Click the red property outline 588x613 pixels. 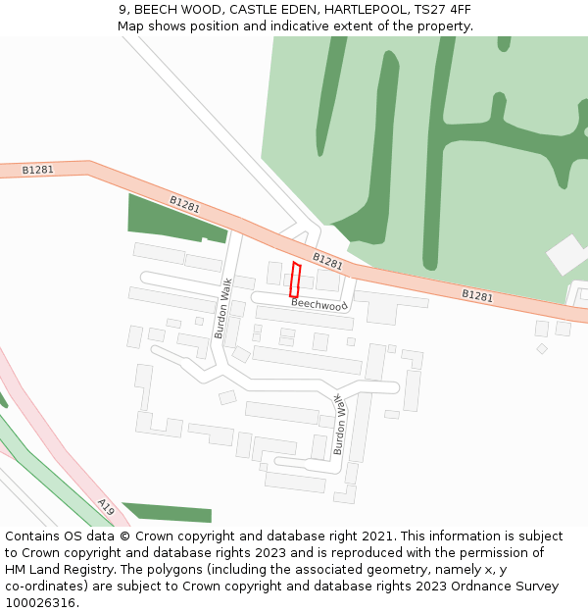coord(294,280)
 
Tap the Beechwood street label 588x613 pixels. coord(319,305)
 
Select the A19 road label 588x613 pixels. coord(106,506)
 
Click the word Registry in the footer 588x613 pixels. coord(91,570)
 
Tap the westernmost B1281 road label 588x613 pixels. coord(38,170)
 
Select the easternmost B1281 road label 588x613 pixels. coord(477,295)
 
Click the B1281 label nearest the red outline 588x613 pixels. coord(327,261)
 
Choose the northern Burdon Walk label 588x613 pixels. coord(222,308)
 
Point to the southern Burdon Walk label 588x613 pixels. coord(339,425)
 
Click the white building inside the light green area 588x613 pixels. coord(566,255)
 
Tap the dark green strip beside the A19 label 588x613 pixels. coord(167,512)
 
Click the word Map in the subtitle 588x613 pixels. coord(130,26)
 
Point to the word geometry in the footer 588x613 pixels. coord(360,570)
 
